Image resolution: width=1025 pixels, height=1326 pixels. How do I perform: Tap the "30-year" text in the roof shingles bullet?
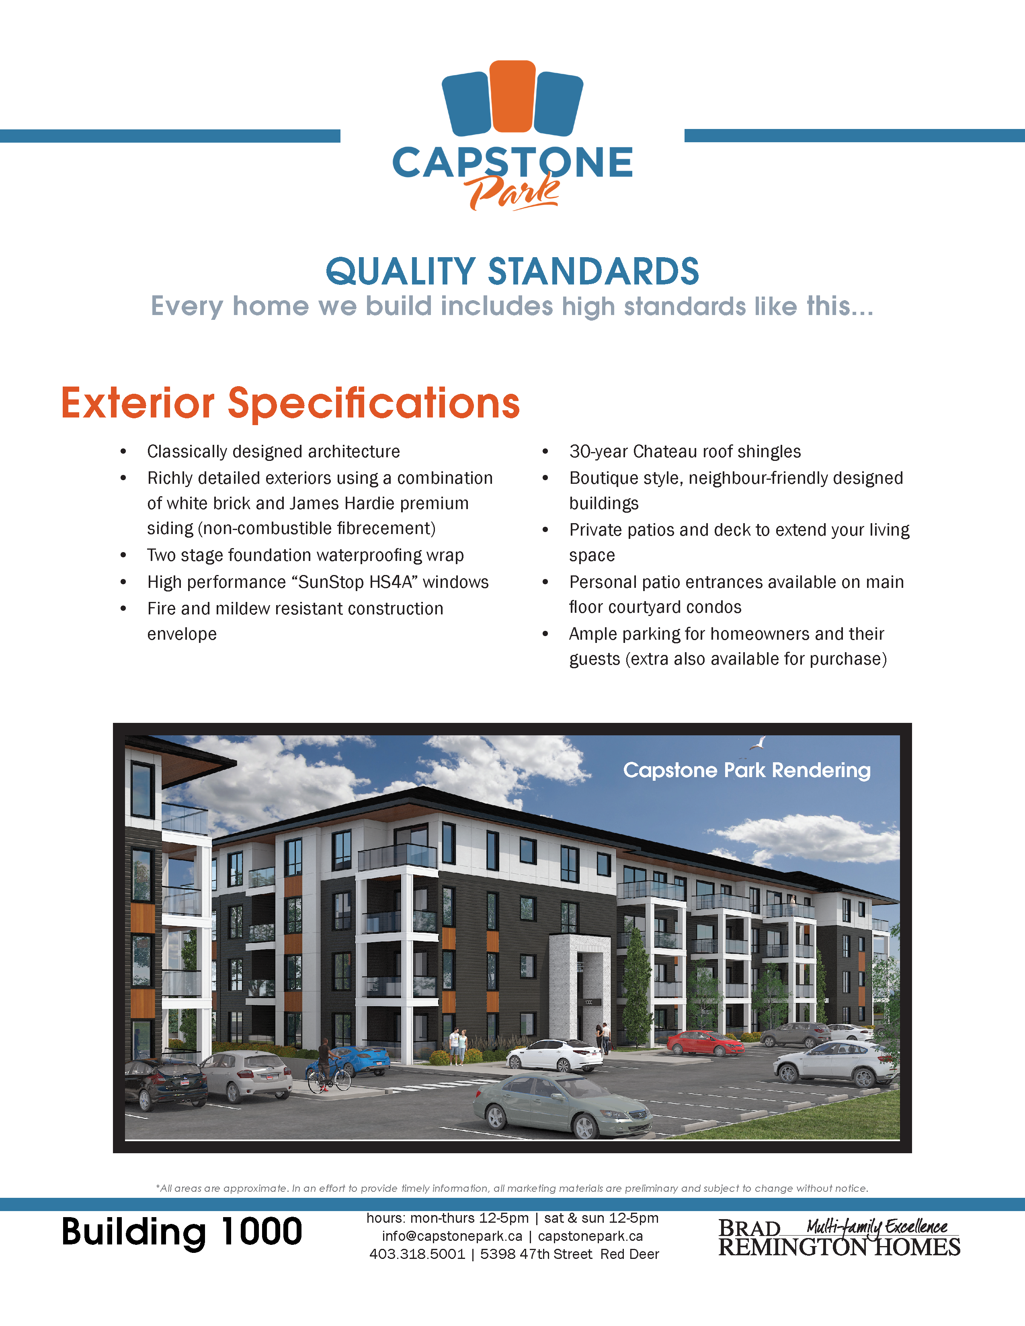pos(599,452)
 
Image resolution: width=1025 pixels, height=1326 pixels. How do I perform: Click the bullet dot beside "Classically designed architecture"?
pos(123,452)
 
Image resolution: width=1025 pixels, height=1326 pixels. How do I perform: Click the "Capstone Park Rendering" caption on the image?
pos(747,770)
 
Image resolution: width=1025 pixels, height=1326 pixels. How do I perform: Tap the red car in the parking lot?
pos(705,1042)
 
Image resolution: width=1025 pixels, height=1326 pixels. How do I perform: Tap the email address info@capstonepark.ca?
pos(452,1236)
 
